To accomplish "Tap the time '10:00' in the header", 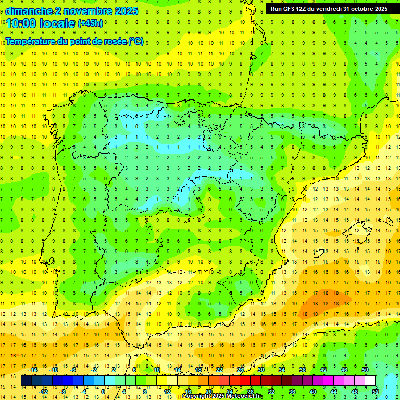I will (21, 23).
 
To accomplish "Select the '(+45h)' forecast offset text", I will (91, 23).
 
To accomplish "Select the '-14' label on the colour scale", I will (33, 370).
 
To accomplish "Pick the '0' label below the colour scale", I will (103, 392).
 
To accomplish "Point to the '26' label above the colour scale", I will (240, 370).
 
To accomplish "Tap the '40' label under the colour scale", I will (312, 392).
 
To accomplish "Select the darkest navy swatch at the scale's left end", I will (26, 381).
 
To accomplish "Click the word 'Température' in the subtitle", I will (30, 42).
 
